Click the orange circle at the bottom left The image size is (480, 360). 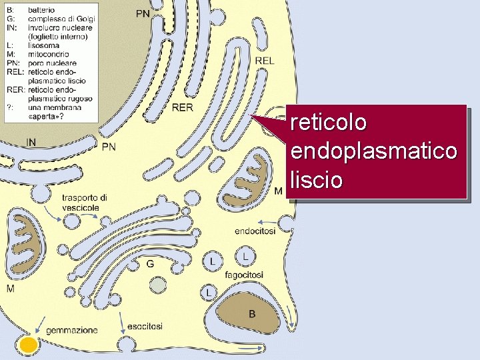tap(28, 345)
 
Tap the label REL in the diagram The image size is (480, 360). tap(264, 61)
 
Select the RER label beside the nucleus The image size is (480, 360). tap(182, 107)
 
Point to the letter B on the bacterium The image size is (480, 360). tap(251, 313)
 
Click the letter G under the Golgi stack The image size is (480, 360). tap(150, 264)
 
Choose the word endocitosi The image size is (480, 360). tap(255, 231)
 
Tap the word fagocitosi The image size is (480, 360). tap(244, 275)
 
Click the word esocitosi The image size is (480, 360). tap(145, 327)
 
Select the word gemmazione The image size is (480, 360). tap(72, 329)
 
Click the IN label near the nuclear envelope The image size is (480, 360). tap(31, 141)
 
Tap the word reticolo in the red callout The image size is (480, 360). tap(329, 123)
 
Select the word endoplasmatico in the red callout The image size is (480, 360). tap(374, 151)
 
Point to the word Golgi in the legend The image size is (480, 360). tap(83, 19)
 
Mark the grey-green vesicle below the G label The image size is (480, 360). tap(158, 285)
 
